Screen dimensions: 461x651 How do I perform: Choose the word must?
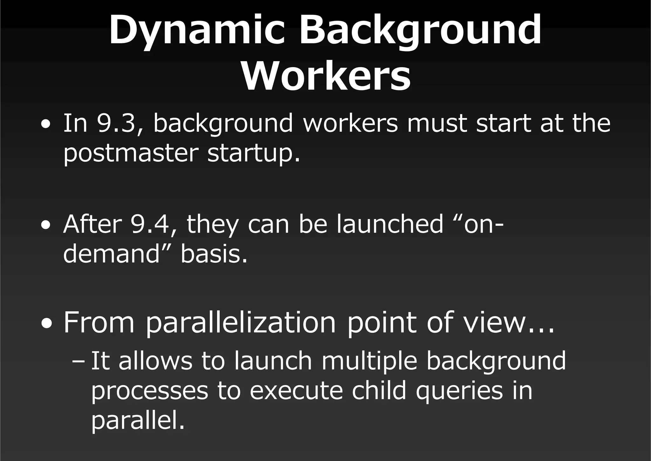click(437, 123)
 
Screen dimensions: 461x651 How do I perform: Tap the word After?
click(93, 224)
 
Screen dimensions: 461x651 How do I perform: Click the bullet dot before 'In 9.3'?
click(46, 124)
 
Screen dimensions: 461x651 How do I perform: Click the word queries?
click(459, 391)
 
